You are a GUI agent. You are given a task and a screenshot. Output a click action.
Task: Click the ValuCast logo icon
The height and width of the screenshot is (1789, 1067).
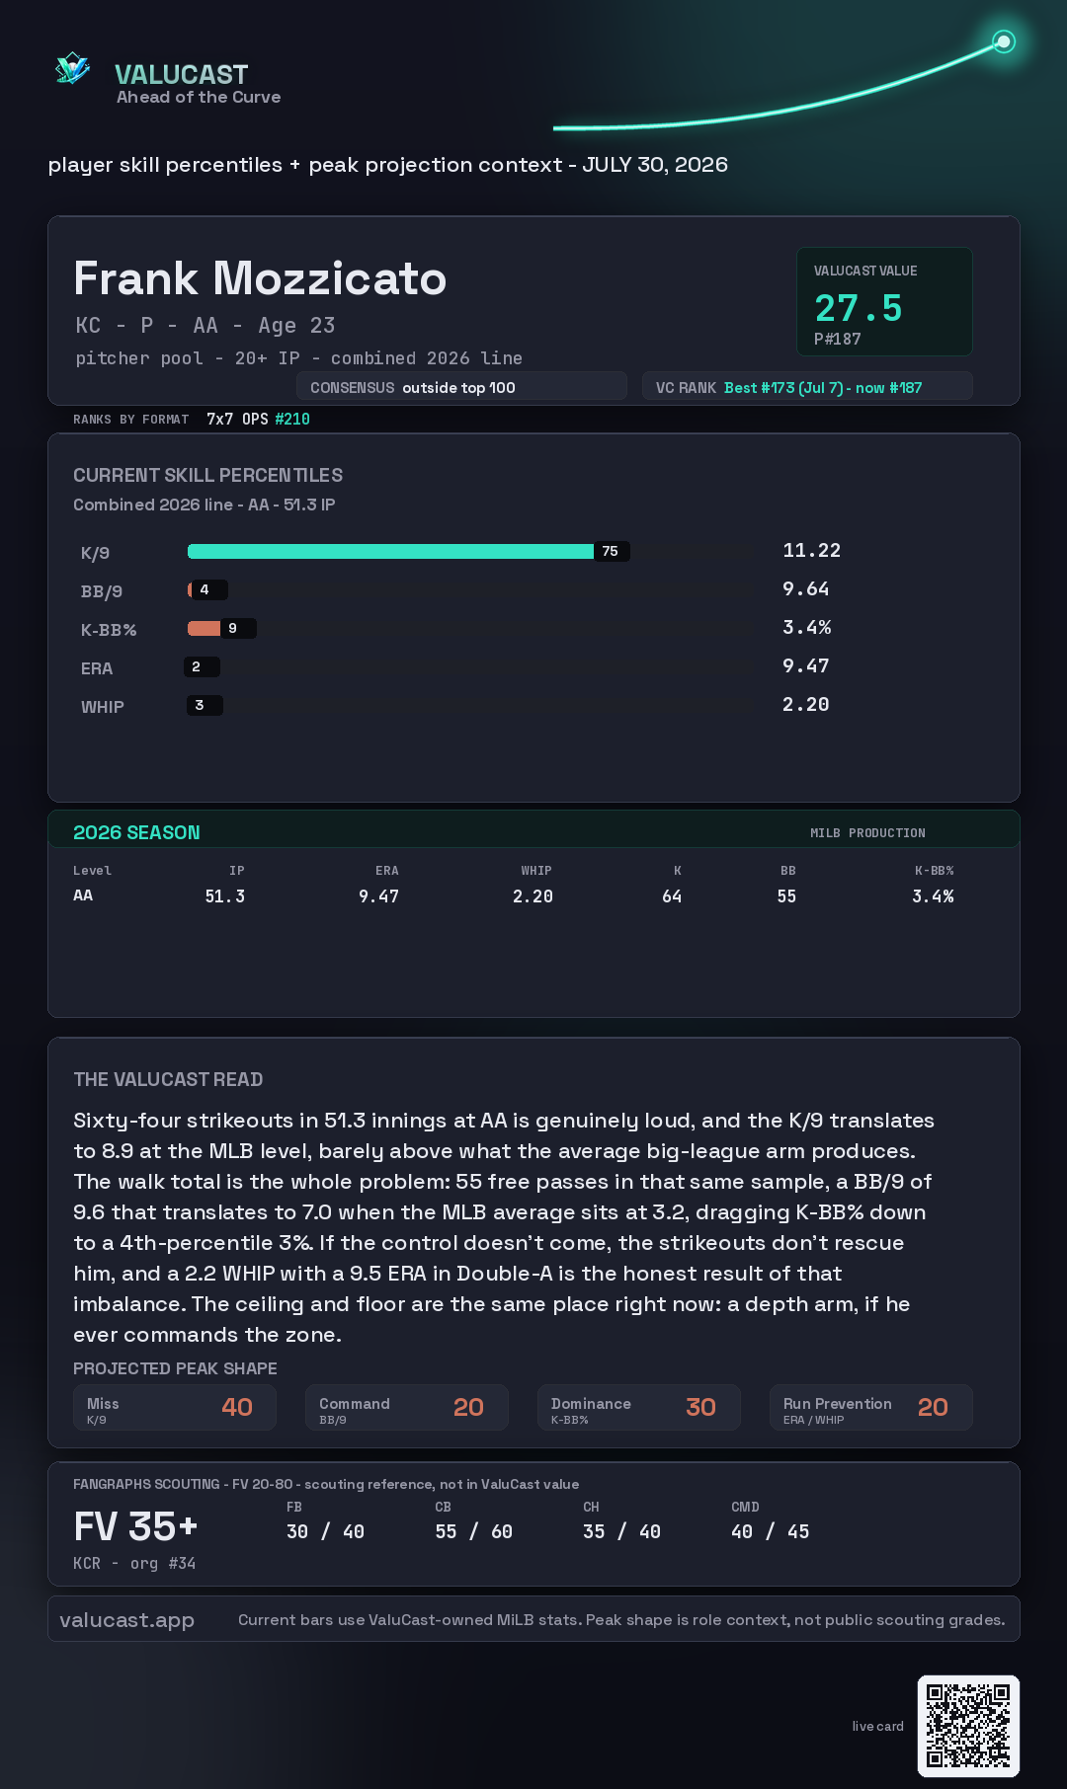coord(72,68)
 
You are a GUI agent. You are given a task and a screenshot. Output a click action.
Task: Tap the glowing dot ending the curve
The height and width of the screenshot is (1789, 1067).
coord(1004,41)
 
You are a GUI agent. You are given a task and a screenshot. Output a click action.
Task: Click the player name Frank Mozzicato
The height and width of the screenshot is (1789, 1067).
coord(260,278)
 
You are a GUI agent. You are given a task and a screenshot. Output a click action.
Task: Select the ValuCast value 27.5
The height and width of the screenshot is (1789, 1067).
coord(859,308)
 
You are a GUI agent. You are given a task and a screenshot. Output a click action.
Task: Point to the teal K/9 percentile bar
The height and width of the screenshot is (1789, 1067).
coord(390,551)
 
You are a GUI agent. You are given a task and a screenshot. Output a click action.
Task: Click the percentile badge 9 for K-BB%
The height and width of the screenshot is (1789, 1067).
coord(233,628)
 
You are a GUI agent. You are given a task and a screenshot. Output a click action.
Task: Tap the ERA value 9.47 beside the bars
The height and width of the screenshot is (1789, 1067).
coord(805,665)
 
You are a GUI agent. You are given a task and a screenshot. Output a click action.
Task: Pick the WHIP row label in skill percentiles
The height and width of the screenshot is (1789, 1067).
coord(103,707)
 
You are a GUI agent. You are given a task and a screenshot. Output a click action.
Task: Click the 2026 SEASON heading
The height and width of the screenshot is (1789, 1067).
coord(136,832)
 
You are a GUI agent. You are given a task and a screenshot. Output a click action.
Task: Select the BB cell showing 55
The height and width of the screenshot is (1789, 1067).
coord(786,896)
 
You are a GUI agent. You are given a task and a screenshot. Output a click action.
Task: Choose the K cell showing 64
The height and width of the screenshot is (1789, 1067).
coord(672,896)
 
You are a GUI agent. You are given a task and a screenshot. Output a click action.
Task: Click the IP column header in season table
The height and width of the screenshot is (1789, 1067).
coord(237,871)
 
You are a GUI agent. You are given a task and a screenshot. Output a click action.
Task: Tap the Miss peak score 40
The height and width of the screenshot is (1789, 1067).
coord(237,1407)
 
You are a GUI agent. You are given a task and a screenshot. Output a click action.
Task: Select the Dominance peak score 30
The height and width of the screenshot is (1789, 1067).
coord(700,1407)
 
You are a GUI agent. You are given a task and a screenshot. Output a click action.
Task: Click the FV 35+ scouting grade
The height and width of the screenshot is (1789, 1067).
coord(136,1526)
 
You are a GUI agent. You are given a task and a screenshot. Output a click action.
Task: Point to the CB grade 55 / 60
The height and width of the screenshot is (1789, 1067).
coord(474,1531)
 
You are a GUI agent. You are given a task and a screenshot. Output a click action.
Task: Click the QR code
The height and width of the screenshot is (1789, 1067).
coord(968,1726)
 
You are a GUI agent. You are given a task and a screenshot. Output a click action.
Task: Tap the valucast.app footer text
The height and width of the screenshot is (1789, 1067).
coord(126,1620)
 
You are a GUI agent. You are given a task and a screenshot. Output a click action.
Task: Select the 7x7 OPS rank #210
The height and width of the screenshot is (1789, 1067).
coord(292,419)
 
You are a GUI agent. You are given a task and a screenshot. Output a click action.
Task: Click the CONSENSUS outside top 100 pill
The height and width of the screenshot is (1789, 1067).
coord(461,387)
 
